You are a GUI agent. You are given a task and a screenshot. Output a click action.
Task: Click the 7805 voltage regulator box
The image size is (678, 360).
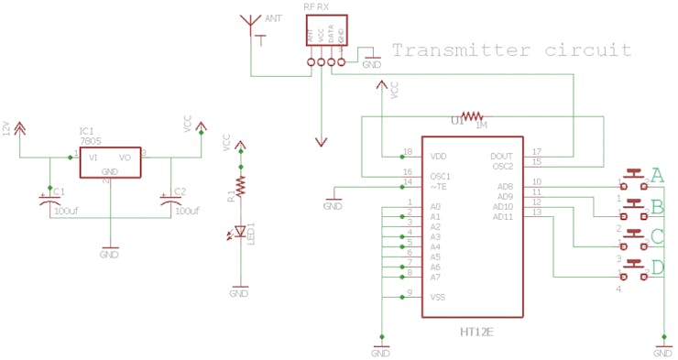point(109,162)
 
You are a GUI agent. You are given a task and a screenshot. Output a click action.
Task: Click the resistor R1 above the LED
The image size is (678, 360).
point(240,187)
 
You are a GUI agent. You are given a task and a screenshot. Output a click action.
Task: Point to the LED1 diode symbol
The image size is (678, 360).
point(240,232)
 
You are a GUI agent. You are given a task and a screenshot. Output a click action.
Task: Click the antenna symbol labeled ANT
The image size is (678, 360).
point(249,24)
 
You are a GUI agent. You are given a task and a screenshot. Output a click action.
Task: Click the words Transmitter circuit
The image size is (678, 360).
point(511,49)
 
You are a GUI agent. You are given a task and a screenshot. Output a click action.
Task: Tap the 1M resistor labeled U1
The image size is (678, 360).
point(471,116)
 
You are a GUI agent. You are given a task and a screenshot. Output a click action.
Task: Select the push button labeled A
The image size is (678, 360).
point(633,174)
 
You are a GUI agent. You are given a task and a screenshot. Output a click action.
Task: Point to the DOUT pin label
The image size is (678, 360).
point(501,157)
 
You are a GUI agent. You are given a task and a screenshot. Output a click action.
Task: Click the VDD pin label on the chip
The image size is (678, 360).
point(440,157)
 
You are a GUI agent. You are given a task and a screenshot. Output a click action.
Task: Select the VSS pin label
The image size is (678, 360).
point(438,297)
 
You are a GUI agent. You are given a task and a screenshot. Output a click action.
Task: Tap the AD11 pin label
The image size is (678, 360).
point(503,217)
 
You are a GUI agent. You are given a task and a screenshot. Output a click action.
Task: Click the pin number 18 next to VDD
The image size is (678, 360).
point(408,151)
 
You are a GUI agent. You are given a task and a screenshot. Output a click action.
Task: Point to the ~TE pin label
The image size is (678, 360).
point(439,186)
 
